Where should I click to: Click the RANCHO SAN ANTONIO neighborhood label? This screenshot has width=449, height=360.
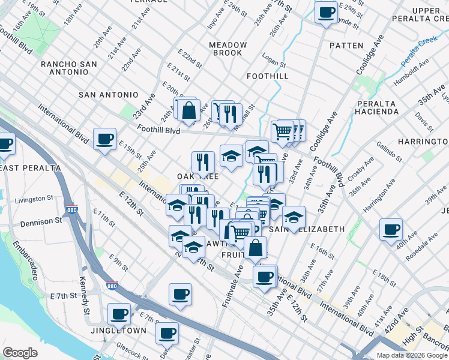pyautogui.click(x=73, y=68)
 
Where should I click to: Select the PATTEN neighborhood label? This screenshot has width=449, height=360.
pyautogui.click(x=346, y=46)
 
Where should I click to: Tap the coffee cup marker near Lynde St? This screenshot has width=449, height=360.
pyautogui.click(x=327, y=13)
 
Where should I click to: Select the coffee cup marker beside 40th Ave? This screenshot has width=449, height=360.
pyautogui.click(x=391, y=230)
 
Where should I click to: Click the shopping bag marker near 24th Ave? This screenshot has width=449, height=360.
pyautogui.click(x=188, y=110)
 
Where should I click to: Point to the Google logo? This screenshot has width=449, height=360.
pyautogui.click(x=20, y=353)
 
